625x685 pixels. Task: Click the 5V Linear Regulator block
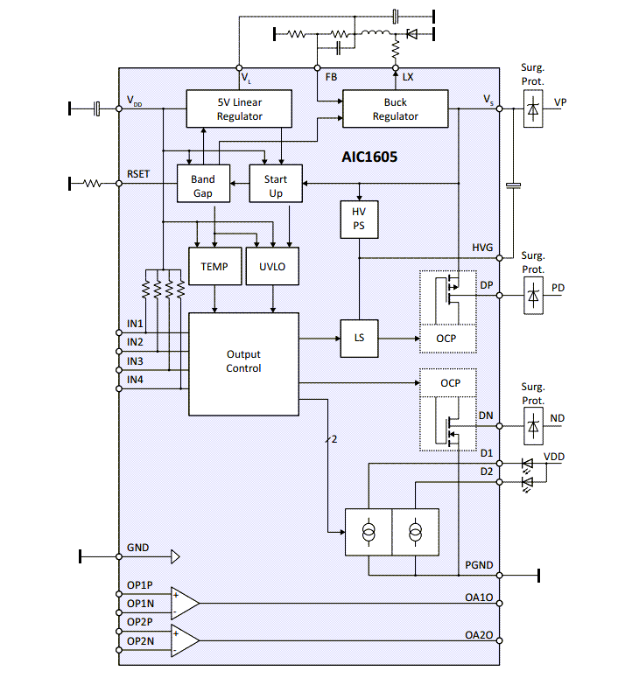tap(239, 109)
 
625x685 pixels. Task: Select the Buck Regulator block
tap(395, 109)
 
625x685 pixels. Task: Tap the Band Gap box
tap(202, 185)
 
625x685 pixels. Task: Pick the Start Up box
tap(276, 185)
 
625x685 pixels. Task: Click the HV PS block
tap(359, 219)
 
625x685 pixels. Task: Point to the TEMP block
tap(214, 267)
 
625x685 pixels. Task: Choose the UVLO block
tap(273, 267)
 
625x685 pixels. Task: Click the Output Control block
tap(243, 362)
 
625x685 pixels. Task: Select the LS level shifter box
tap(359, 338)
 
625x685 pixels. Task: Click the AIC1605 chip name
tap(369, 158)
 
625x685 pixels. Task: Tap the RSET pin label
tap(138, 173)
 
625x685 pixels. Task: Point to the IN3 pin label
tap(135, 360)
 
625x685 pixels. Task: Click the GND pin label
tap(137, 548)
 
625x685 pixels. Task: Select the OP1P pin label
tap(139, 585)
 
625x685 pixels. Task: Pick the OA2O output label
tap(480, 635)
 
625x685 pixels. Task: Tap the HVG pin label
tap(482, 249)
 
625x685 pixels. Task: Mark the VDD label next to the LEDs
tap(554, 457)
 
